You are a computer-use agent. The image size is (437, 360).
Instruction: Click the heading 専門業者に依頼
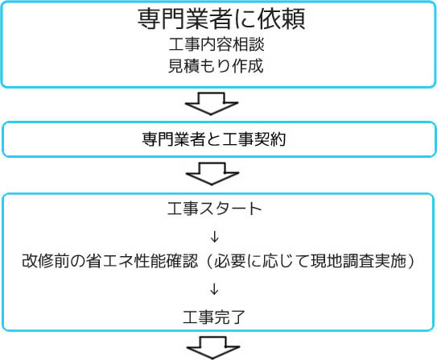coord(221,19)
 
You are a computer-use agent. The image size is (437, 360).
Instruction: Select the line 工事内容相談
coord(216,44)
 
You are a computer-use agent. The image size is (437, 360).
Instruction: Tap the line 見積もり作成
coord(216,66)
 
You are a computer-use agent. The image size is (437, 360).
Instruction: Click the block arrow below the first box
coord(211,103)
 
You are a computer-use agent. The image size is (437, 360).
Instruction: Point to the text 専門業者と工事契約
coord(214,139)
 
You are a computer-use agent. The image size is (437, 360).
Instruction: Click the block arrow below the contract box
coord(212,174)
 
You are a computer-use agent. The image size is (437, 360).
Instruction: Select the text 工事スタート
coord(214,209)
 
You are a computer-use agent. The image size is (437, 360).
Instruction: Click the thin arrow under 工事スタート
coord(215,237)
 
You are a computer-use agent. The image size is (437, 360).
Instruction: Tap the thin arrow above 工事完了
coord(214,289)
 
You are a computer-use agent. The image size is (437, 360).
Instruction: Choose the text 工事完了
coord(214,317)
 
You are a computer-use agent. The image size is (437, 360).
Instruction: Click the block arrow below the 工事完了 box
coord(213,347)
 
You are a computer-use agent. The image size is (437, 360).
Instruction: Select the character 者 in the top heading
coord(221,19)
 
